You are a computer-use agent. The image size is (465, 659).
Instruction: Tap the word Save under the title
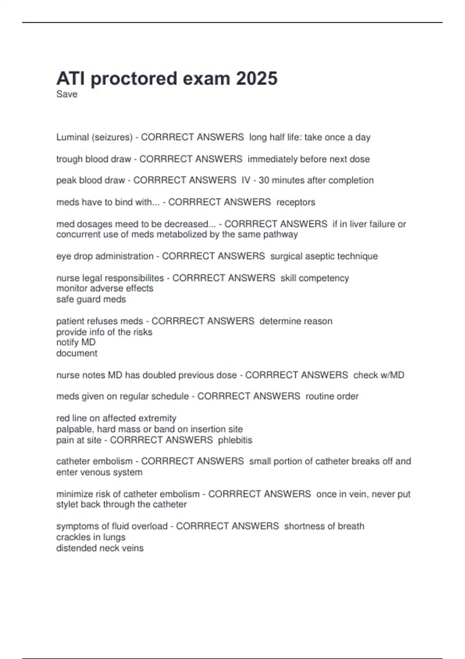click(x=67, y=94)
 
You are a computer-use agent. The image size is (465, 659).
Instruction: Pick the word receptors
click(x=296, y=202)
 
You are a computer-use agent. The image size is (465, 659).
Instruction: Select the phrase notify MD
click(x=76, y=342)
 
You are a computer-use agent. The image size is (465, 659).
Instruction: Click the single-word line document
click(x=77, y=353)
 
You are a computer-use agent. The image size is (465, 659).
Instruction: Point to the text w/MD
click(x=391, y=375)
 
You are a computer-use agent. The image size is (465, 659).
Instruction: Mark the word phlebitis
click(x=235, y=440)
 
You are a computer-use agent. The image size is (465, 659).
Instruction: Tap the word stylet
click(x=67, y=505)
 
